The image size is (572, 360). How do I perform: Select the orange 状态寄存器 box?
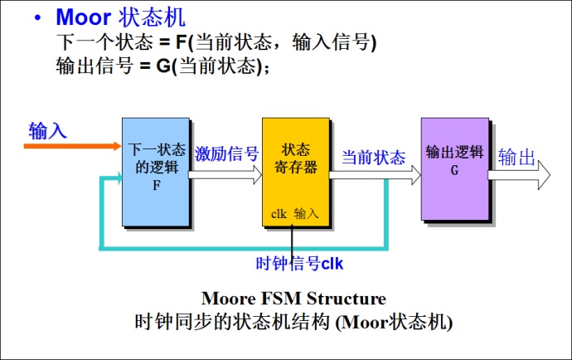(x=296, y=173)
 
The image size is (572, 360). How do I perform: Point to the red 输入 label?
(x=47, y=131)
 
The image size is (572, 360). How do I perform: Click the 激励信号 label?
(x=227, y=154)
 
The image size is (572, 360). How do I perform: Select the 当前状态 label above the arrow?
(x=374, y=158)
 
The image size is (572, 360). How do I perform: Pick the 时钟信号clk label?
(x=299, y=264)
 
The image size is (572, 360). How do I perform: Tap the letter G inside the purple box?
(x=454, y=169)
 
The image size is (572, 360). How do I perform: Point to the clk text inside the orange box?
(x=279, y=213)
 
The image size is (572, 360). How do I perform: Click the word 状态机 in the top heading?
(x=151, y=17)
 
